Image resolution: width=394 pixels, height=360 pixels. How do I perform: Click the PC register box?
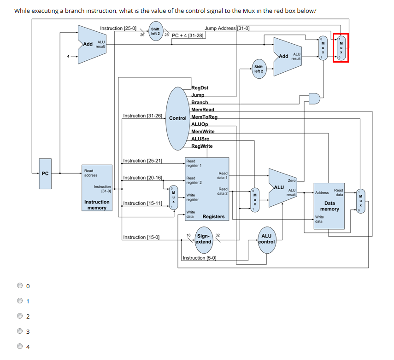45,174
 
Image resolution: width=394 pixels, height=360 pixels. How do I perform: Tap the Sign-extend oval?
203,238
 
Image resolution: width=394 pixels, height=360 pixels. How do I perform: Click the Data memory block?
329,206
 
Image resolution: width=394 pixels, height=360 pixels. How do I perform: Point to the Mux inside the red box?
341,48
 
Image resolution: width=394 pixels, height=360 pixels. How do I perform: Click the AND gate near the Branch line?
314,98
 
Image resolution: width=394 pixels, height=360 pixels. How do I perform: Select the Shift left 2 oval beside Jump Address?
155,31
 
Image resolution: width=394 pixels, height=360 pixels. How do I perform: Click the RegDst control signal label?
200,87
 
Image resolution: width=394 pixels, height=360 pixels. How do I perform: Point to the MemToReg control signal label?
204,117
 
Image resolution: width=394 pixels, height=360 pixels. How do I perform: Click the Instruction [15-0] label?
141,237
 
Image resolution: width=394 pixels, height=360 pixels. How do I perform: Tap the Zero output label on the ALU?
292,180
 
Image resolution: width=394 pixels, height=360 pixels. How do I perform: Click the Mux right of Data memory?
361,201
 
